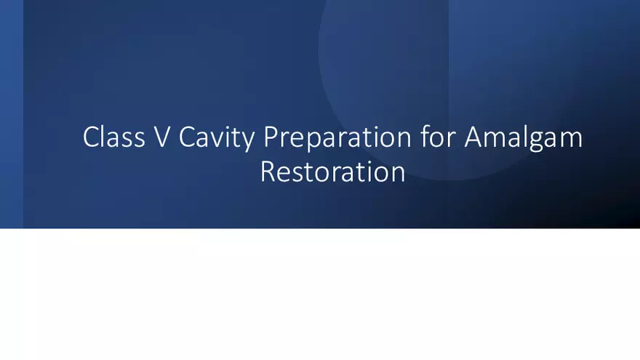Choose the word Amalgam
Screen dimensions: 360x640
pyautogui.click(x=523, y=138)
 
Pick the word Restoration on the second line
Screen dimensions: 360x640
pyautogui.click(x=332, y=172)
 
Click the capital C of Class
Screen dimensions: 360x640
pyautogui.click(x=91, y=137)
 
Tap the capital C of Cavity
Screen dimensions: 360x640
pyautogui.click(x=186, y=137)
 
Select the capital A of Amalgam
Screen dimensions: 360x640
pyautogui.click(x=473, y=137)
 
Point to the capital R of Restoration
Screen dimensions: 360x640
pyautogui.click(x=268, y=172)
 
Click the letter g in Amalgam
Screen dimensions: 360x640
pyautogui.click(x=536, y=140)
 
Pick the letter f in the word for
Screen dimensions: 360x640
pyautogui.click(x=425, y=137)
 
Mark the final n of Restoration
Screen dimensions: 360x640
pyautogui.click(x=396, y=173)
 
